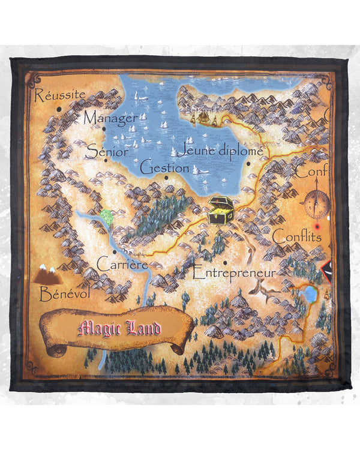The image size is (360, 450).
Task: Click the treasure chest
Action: point(220,210)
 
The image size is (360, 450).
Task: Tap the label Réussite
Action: point(60,95)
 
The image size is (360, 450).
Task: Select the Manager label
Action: point(110,118)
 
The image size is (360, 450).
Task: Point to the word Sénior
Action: point(107,151)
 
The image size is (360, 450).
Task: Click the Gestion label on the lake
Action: point(164,167)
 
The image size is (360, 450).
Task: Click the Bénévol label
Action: point(64,294)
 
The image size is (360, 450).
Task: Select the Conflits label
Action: point(296,236)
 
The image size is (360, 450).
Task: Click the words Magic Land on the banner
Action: point(120,328)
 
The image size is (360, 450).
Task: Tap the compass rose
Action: point(316,203)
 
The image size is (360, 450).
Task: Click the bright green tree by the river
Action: point(107,215)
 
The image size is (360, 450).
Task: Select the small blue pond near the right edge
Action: point(310,294)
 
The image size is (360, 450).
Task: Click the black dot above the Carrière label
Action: point(115,251)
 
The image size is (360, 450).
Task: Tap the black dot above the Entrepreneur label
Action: point(224,262)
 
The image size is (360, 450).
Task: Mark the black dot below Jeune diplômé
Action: point(247,163)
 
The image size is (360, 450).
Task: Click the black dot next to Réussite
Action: point(58,109)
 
